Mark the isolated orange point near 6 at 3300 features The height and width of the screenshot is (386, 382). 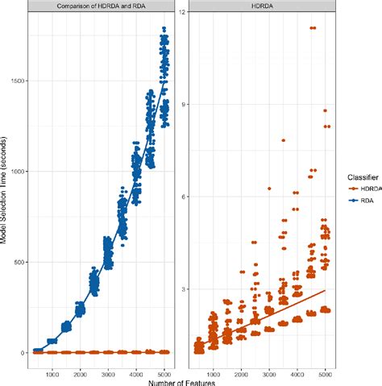point(269,189)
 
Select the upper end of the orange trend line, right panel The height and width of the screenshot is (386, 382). point(325,290)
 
